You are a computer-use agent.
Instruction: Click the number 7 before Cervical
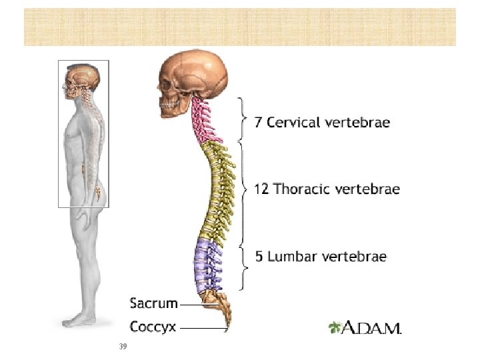pos(259,123)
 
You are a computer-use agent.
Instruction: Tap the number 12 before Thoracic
pos(261,189)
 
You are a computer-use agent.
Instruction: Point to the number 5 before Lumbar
pos(259,256)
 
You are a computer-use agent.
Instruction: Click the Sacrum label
pos(153,303)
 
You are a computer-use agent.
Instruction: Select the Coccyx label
pos(153,327)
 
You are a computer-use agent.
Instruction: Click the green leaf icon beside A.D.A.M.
pos(335,327)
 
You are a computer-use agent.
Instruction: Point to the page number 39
pos(122,347)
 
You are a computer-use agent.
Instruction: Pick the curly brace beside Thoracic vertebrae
pos(245,189)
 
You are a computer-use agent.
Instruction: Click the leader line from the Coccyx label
pos(203,327)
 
